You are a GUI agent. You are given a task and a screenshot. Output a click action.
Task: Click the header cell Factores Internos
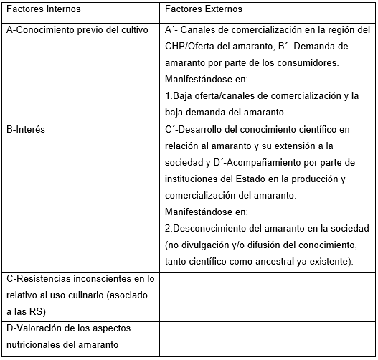42,9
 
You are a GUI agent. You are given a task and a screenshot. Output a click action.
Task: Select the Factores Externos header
203,9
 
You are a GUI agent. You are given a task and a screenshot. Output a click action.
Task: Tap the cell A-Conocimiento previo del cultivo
77,29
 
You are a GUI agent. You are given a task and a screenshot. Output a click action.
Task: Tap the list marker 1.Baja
176,95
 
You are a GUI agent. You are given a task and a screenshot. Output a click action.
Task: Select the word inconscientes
101,278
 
